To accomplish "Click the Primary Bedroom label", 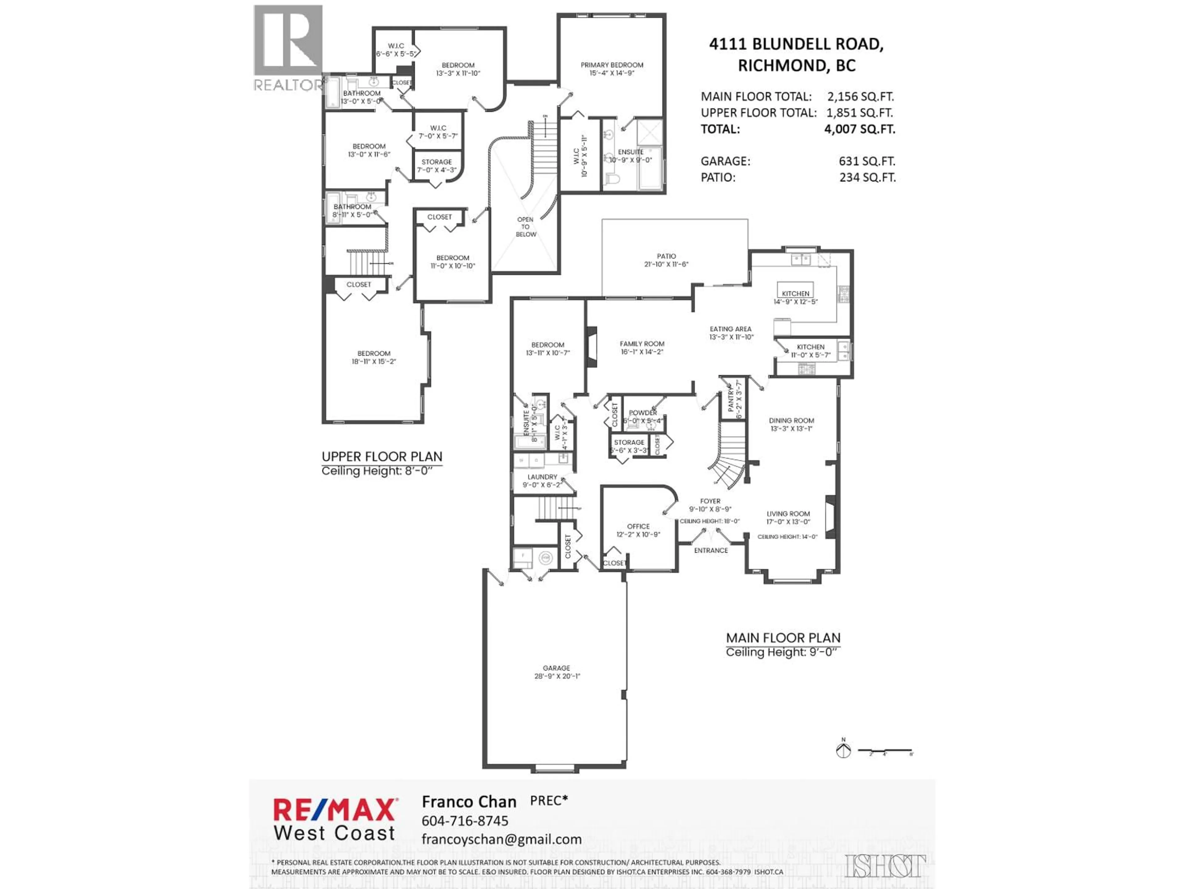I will click(612, 65).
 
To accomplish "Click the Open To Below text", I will click(526, 227).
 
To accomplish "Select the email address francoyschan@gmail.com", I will click(501, 839).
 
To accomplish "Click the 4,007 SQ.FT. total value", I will click(859, 129).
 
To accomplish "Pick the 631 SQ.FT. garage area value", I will click(867, 161).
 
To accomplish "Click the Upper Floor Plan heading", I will click(382, 457).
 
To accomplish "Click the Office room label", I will click(638, 527).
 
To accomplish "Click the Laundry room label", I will click(542, 477).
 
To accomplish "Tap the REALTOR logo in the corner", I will click(288, 48).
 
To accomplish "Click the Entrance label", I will click(711, 550).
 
